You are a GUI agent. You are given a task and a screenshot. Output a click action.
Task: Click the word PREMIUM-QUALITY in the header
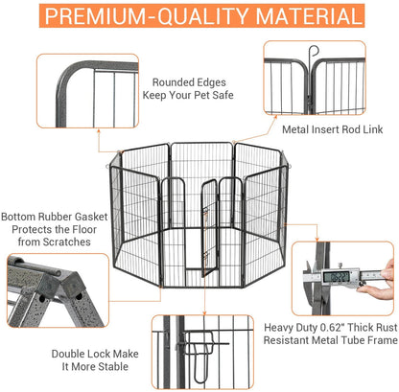(x=145, y=17)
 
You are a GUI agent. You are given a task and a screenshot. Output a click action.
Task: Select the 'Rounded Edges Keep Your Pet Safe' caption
(x=188, y=88)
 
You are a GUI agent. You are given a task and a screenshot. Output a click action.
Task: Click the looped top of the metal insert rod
(x=312, y=50)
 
